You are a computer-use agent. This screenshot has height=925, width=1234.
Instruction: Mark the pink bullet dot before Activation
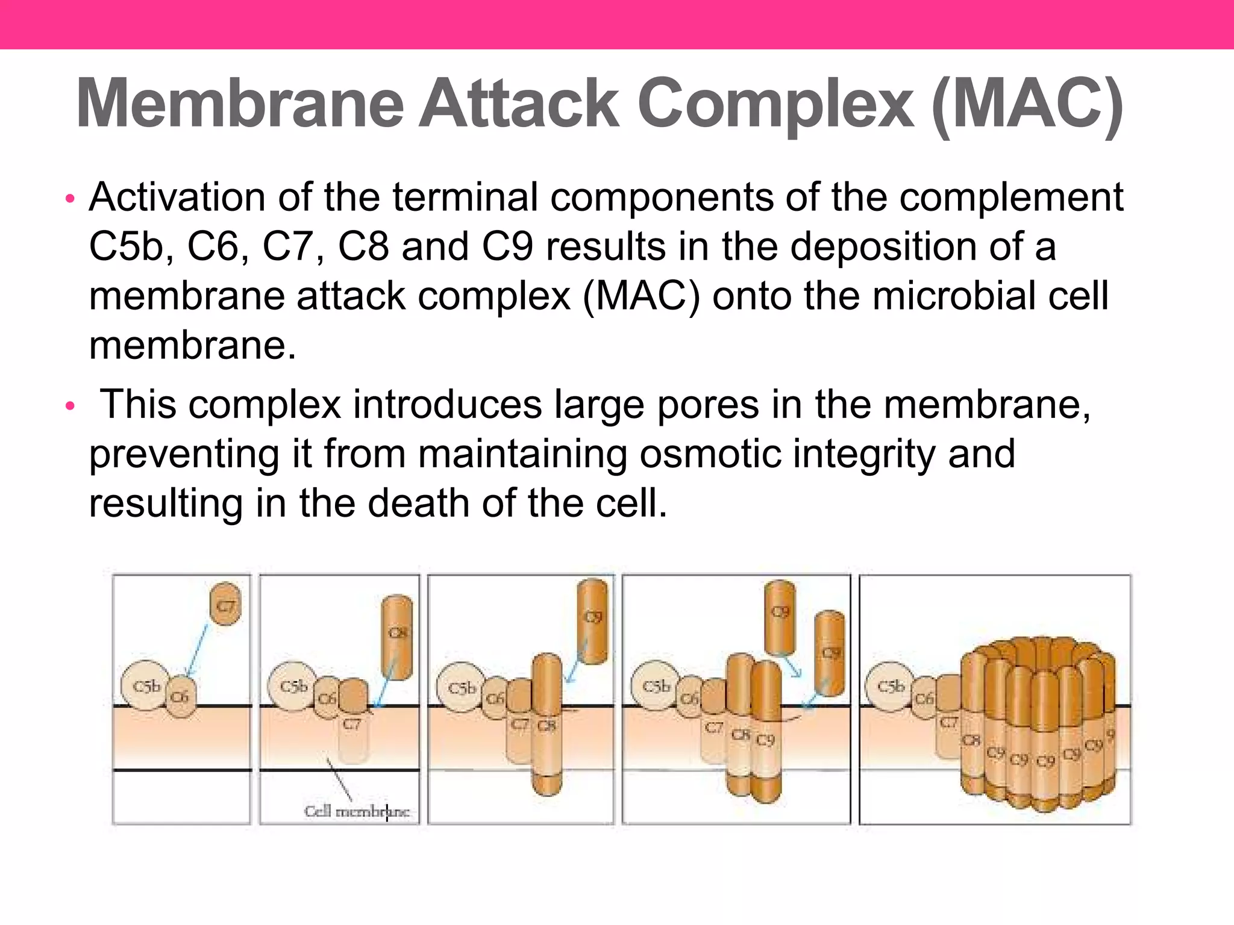[x=70, y=199]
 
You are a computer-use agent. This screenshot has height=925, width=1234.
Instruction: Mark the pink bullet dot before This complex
[x=70, y=406]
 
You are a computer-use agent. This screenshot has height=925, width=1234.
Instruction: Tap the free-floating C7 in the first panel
[x=226, y=604]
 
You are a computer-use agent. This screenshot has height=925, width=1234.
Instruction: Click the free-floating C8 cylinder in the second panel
[x=397, y=637]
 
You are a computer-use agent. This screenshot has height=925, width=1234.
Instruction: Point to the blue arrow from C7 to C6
[x=197, y=649]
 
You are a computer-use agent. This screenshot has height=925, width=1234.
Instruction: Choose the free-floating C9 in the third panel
[x=592, y=620]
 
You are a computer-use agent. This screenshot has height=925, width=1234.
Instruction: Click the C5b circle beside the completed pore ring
[x=890, y=686]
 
